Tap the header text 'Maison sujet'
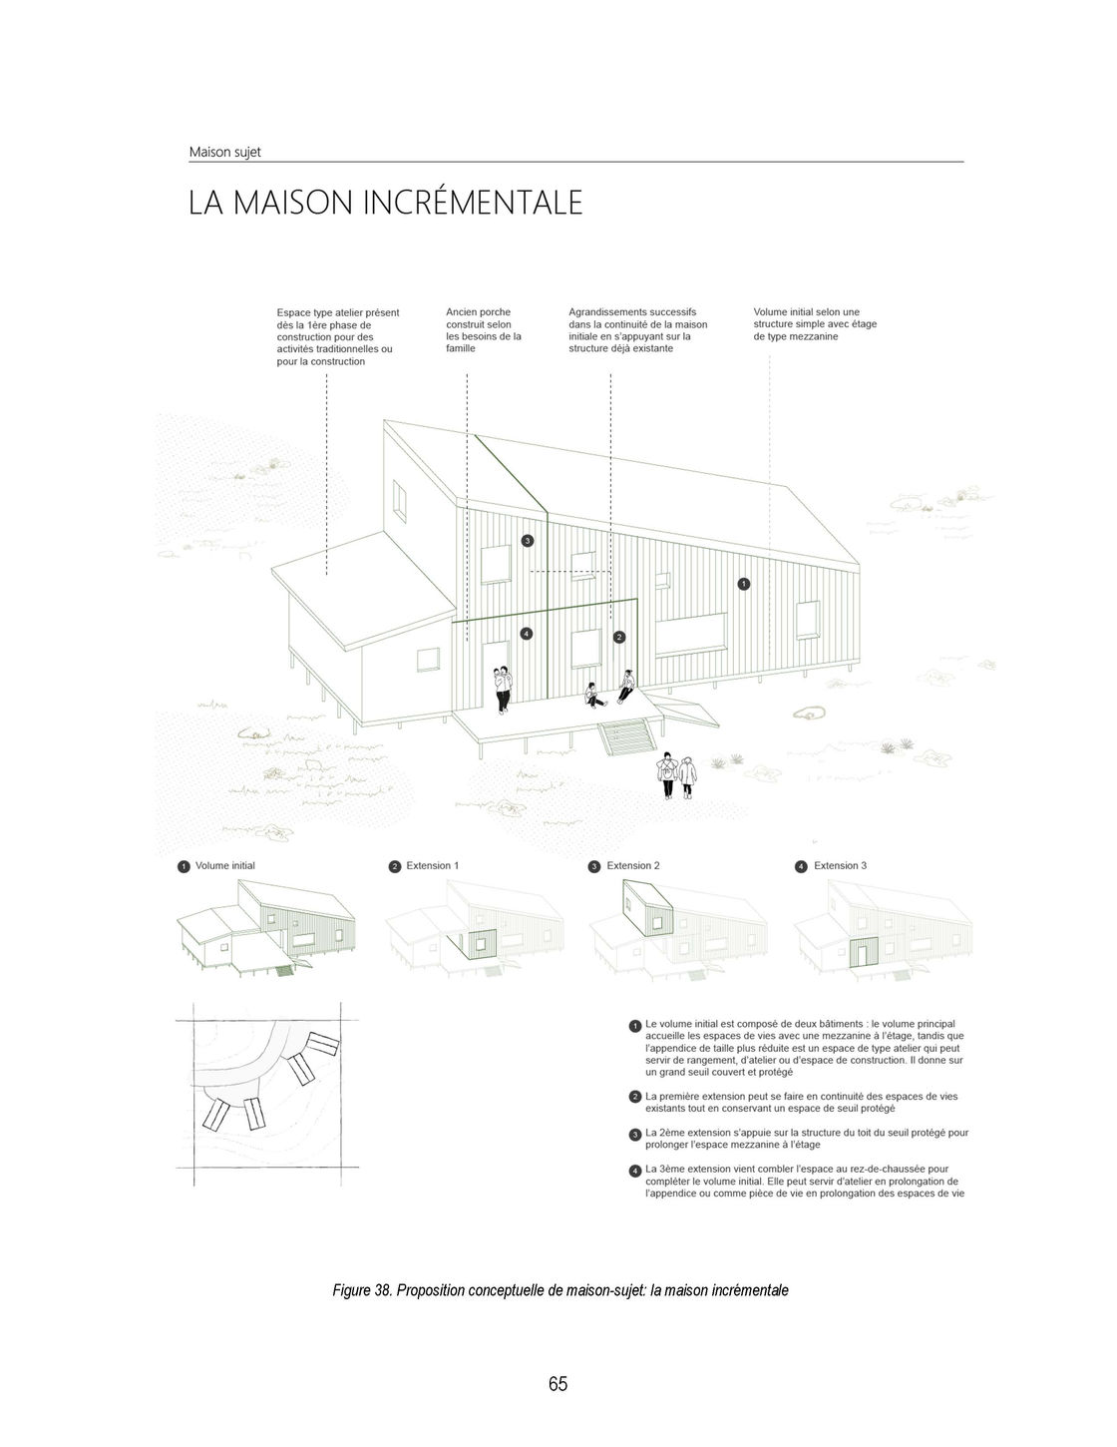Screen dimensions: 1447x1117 (224, 153)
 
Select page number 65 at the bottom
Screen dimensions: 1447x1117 (558, 1383)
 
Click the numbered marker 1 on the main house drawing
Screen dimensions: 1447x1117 (743, 583)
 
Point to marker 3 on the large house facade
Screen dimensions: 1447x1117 (528, 541)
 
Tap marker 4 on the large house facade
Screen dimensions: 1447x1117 (528, 633)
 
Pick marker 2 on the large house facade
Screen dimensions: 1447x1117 (618, 637)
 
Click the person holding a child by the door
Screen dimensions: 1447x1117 (504, 688)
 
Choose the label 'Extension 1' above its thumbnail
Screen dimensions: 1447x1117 (432, 866)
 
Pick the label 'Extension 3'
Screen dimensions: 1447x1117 (840, 866)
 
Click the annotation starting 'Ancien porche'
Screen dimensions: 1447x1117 (484, 330)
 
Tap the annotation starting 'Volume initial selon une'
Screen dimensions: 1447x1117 (815, 324)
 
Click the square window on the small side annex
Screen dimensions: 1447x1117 (428, 661)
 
